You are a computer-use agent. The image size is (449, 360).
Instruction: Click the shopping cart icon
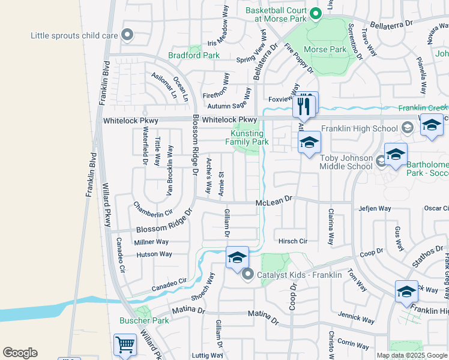click(125, 344)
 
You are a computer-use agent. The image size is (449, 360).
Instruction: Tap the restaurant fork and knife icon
click(305, 106)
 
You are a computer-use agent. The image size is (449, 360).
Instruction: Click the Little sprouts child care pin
click(127, 35)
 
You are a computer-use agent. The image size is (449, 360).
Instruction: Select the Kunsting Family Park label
click(247, 137)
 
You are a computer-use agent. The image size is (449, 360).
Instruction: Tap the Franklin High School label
click(359, 128)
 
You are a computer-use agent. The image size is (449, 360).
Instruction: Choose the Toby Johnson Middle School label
click(346, 162)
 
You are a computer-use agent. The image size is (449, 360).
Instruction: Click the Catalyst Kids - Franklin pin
click(247, 275)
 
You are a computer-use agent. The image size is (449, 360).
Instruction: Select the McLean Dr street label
click(273, 204)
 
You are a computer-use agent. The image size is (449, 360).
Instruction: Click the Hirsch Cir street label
click(293, 241)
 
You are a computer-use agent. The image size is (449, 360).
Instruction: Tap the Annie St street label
click(221, 183)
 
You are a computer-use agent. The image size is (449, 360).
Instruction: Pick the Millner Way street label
click(151, 242)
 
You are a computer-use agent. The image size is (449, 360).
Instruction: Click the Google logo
click(20, 353)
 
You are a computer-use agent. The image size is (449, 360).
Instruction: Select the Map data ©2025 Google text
click(411, 355)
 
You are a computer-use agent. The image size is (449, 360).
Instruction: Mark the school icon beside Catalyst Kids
click(237, 257)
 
